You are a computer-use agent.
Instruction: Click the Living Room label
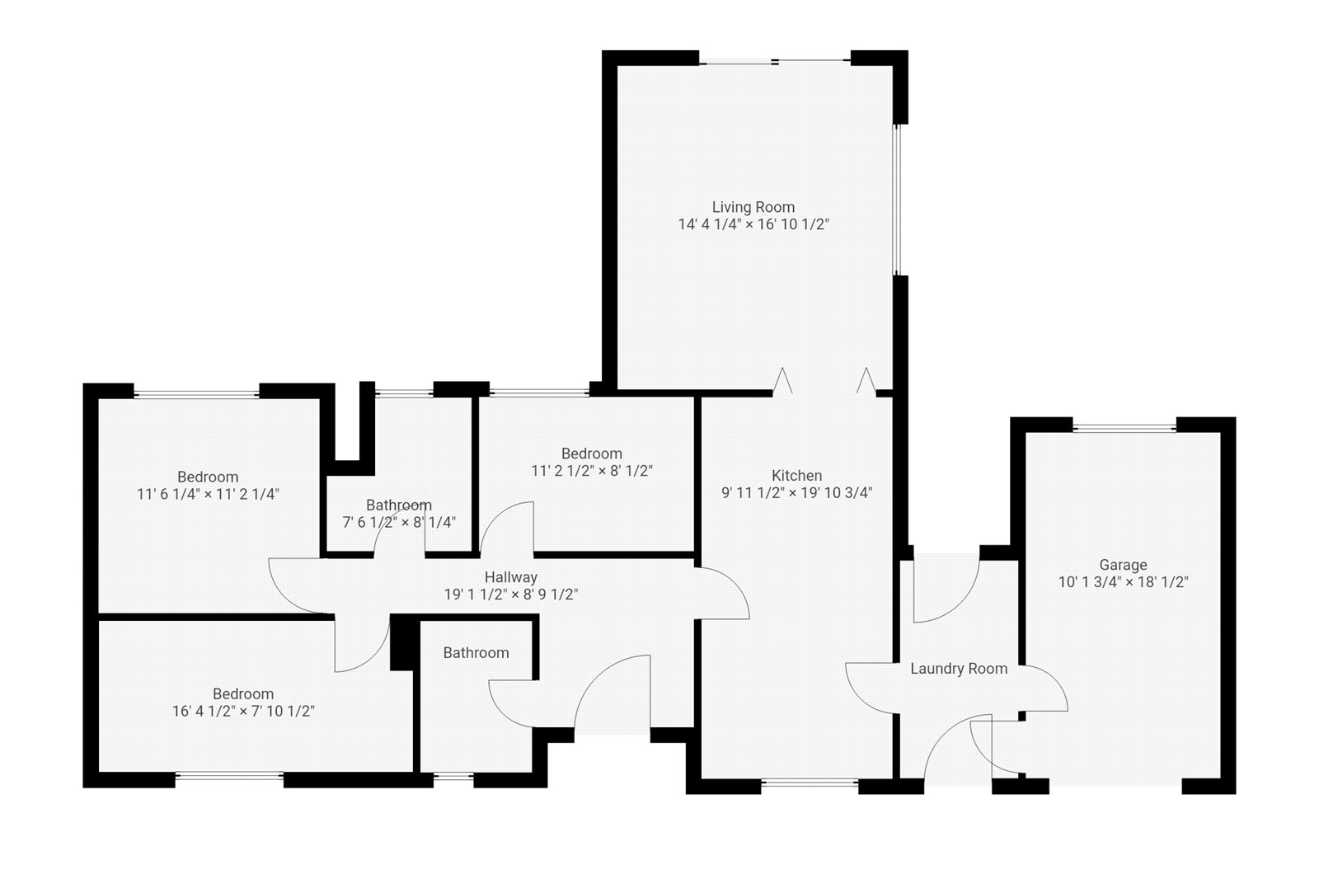coord(753,207)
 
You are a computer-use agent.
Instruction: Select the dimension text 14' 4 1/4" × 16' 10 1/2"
coord(753,224)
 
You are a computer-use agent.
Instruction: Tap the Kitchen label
coord(796,476)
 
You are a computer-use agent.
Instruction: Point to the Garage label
coord(1123,565)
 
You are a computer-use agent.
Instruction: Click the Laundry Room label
coord(958,669)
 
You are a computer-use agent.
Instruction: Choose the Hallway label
coord(510,577)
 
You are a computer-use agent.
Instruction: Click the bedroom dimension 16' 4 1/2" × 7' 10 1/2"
coord(243,711)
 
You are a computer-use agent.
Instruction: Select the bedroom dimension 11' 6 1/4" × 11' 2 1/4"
coord(208,494)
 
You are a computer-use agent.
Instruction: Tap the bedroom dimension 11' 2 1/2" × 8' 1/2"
coord(591,471)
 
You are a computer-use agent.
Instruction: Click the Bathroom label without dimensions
coord(476,653)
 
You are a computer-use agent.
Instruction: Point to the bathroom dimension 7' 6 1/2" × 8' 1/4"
coord(399,522)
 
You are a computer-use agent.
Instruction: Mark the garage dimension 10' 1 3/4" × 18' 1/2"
coord(1123,582)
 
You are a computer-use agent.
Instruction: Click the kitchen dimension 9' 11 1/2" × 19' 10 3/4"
coord(796,493)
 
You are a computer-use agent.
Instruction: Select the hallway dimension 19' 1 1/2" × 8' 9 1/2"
coord(510,595)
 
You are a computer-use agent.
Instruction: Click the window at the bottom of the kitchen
coord(810,782)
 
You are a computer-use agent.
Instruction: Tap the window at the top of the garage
coord(1124,426)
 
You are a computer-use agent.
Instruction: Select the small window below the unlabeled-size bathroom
coord(453,776)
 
